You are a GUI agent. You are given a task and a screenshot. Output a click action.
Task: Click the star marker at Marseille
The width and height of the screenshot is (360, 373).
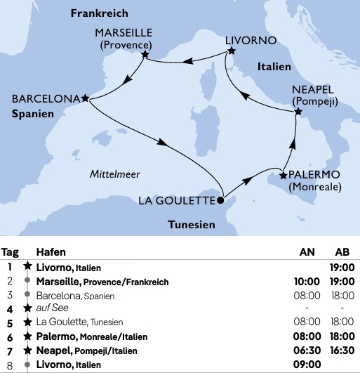pos(145,54)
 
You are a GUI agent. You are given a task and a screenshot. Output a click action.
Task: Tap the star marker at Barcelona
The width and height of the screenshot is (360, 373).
pos(85,98)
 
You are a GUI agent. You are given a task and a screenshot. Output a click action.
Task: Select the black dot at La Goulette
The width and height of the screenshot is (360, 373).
pos(220,199)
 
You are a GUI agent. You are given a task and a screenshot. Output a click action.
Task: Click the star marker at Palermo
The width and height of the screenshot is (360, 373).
pos(283,175)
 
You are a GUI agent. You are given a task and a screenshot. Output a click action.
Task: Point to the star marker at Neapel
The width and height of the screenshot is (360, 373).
pos(298,112)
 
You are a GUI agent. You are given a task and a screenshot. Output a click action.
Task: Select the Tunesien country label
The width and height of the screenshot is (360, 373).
pos(191,225)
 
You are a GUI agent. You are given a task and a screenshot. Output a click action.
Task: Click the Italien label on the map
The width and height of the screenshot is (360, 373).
pos(279,63)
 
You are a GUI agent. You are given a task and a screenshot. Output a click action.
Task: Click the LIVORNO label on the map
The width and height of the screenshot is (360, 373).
pos(251,40)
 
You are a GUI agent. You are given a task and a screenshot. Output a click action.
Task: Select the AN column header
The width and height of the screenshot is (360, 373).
pos(307,253)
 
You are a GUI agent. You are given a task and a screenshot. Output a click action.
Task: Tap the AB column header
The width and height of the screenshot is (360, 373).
pos(343,253)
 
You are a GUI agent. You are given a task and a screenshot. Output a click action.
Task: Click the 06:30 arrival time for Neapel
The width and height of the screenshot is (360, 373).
pos(307,351)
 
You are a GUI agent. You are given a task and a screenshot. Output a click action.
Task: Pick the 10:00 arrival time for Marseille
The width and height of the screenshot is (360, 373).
pos(307,282)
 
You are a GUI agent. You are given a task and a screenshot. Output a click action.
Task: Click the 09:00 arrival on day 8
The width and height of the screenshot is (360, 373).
pos(307,365)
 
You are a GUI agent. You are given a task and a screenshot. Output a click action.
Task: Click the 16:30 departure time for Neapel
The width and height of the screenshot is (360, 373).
pos(342,351)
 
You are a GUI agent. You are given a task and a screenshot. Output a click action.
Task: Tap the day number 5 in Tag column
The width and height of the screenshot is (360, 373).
pos(10,323)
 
